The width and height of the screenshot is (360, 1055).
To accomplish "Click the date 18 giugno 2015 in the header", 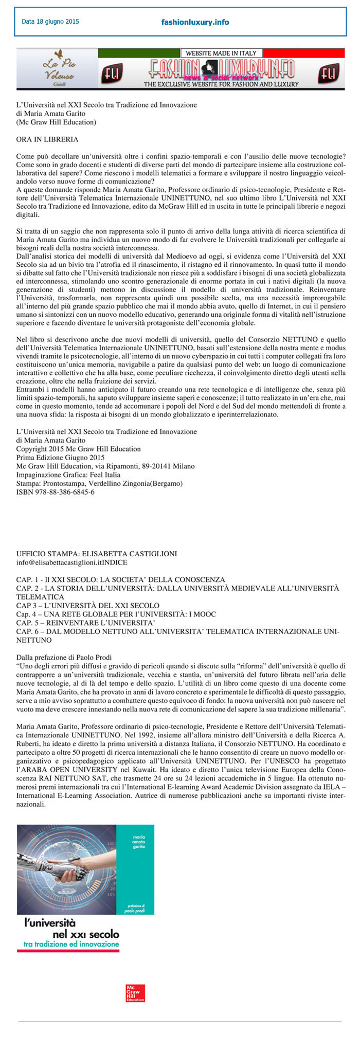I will pyautogui.click(x=50, y=22).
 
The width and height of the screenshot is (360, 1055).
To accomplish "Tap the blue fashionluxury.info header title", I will pyautogui.click(x=195, y=22).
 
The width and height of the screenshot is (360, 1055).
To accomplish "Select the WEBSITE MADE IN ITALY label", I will pyautogui.click(x=221, y=53).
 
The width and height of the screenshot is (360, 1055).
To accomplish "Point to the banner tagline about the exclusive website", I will pyautogui.click(x=221, y=84).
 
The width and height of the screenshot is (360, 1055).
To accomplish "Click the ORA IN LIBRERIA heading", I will pyautogui.click(x=47, y=139).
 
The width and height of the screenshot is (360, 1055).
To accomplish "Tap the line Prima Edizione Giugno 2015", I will pyautogui.click(x=60, y=457).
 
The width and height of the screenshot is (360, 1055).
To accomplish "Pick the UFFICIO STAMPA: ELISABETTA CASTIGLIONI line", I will pyautogui.click(x=97, y=554).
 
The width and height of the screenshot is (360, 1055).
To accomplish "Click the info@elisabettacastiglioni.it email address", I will pyautogui.click(x=59, y=562).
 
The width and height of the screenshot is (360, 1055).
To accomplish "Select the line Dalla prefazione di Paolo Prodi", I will pyautogui.click(x=64, y=657).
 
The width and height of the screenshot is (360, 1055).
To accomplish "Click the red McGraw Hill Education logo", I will pyautogui.click(x=135, y=993).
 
